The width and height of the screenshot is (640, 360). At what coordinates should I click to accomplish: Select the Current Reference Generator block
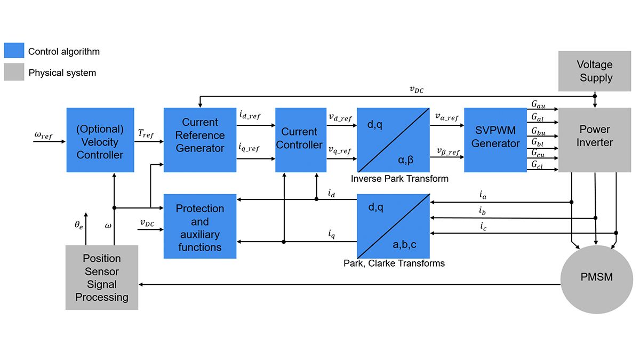point(199,140)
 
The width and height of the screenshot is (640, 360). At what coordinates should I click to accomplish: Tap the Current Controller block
point(300,140)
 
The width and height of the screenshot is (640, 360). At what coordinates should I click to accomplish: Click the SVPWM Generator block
point(495,140)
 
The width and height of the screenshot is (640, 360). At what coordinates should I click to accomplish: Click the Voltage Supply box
point(594,71)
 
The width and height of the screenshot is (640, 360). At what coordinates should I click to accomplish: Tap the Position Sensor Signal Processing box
point(101,277)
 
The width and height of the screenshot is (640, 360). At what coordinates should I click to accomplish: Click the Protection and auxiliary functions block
point(199,227)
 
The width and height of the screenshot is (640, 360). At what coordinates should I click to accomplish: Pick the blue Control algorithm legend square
point(14,51)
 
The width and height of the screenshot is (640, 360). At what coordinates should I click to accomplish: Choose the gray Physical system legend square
point(14,73)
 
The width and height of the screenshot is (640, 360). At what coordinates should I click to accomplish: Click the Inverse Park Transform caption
point(399,179)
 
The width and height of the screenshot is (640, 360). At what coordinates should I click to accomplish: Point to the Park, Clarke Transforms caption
point(394,263)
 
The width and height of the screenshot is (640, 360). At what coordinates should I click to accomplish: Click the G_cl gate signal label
point(537,165)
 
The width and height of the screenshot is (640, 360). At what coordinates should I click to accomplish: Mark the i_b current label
point(483,211)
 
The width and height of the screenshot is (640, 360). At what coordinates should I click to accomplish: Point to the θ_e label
point(78,226)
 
